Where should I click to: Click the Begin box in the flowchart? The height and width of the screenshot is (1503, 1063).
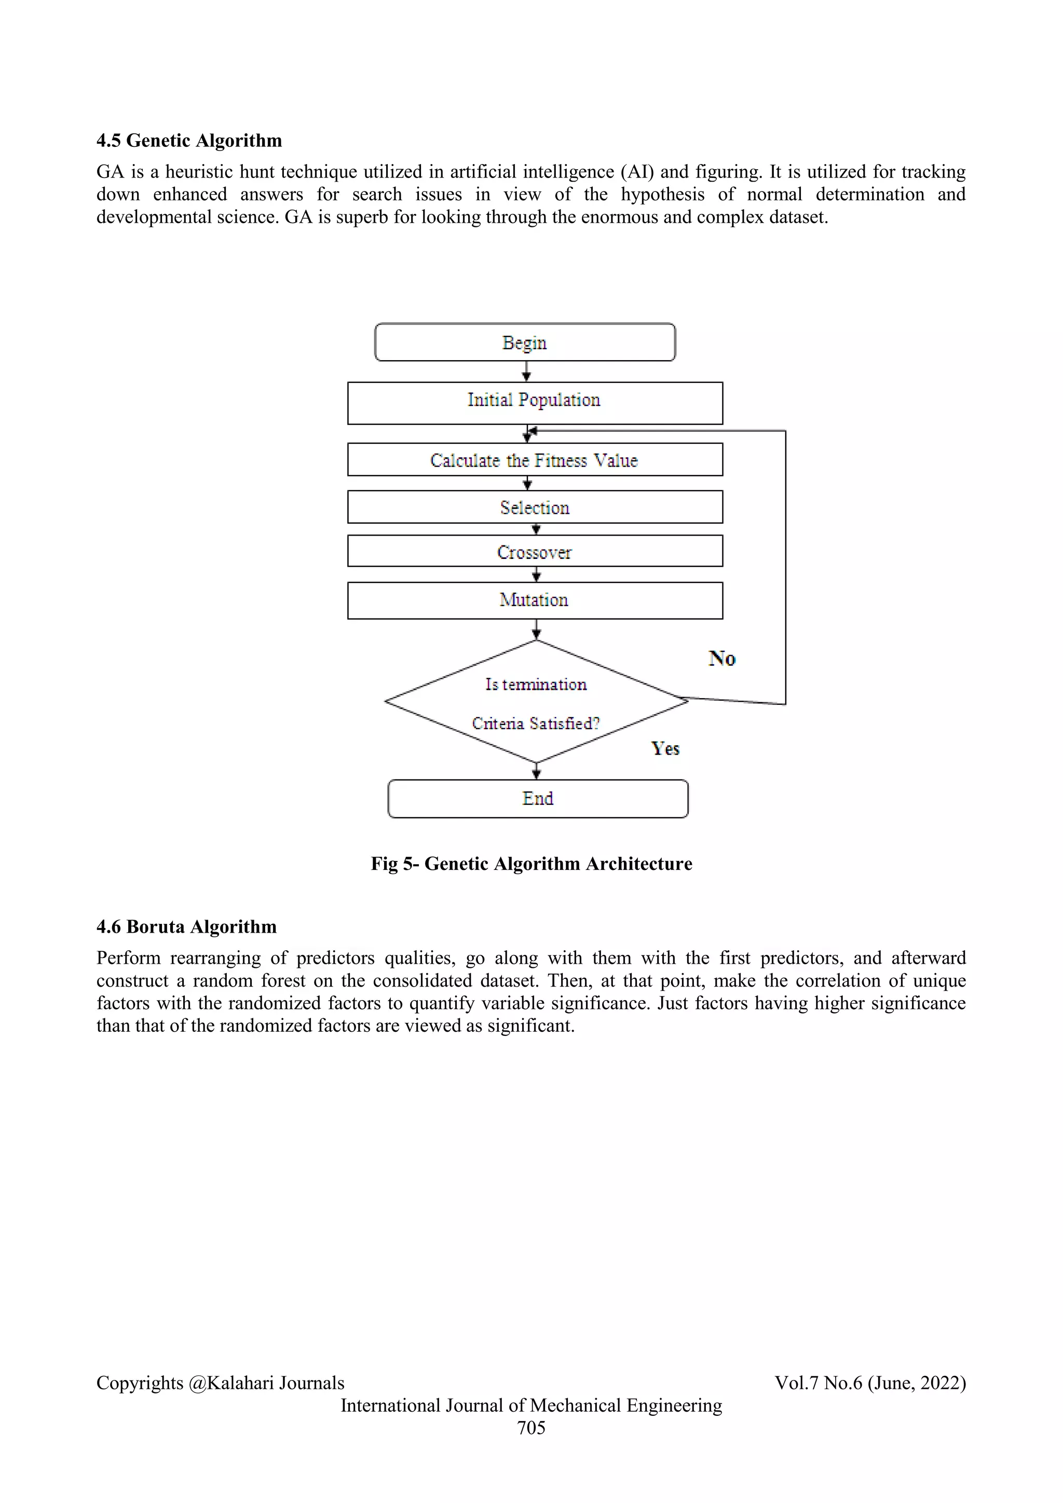524,343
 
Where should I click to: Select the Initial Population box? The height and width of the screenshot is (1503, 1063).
534,403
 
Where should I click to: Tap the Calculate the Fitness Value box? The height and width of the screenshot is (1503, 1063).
534,459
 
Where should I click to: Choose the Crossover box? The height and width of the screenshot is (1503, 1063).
534,551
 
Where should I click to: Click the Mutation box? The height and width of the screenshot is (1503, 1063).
534,600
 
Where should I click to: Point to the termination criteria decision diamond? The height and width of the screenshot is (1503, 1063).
536,702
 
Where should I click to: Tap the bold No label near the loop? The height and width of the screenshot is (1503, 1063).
722,659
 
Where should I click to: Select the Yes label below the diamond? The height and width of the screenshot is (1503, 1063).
665,748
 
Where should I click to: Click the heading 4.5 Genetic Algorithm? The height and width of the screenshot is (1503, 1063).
189,141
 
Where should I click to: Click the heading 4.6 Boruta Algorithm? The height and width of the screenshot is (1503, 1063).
186,927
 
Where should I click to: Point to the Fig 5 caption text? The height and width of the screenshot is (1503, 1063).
531,864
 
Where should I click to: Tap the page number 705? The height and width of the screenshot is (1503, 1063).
531,1428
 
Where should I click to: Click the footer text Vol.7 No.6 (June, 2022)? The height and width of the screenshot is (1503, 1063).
870,1383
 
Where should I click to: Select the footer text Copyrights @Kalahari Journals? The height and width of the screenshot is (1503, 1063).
220,1383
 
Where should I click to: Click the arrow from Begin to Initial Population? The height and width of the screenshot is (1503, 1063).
526,371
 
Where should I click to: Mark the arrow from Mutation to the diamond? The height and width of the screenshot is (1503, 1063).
536,629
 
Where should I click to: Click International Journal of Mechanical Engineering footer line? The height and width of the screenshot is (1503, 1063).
531,1405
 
